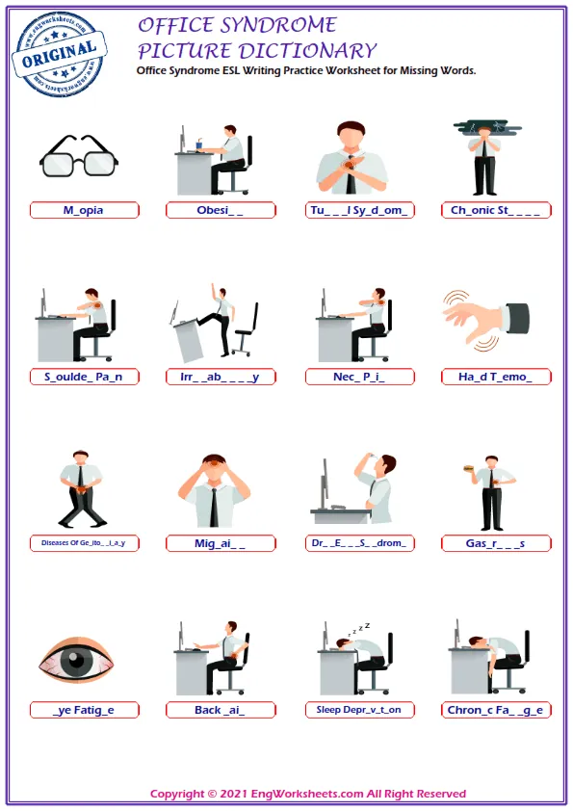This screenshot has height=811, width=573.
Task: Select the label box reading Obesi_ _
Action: pyautogui.click(x=221, y=210)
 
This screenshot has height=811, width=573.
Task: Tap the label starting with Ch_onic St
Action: pyautogui.click(x=497, y=210)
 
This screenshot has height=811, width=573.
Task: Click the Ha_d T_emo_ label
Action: pyautogui.click(x=497, y=377)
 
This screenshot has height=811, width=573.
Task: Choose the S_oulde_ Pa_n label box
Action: pyautogui.click(x=84, y=377)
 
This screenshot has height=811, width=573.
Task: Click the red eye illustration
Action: pyautogui.click(x=76, y=663)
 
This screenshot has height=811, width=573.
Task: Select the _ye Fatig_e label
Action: pyautogui.click(x=84, y=710)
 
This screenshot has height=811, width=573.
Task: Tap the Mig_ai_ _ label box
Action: pyautogui.click(x=221, y=543)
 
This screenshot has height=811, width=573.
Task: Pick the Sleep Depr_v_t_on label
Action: pyautogui.click(x=359, y=710)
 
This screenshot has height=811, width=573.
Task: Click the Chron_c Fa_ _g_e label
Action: pyautogui.click(x=497, y=710)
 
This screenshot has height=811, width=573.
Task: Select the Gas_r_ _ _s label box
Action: pyautogui.click(x=497, y=543)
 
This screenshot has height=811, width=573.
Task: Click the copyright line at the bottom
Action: pyautogui.click(x=308, y=794)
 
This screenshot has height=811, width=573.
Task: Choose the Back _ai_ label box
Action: pyautogui.click(x=221, y=710)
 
